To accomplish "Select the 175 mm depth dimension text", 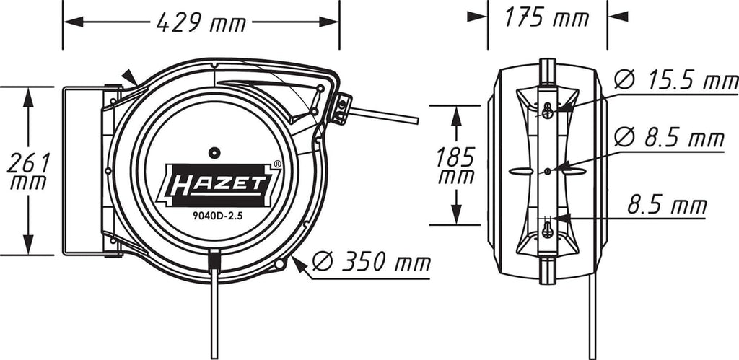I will coord(546,18).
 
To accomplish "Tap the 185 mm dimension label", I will coord(456,164).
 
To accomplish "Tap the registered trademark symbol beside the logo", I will coord(278,164).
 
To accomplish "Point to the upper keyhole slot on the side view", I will coord(549,110).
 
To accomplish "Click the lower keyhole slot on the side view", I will coord(548,230).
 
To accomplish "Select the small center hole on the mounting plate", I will coord(548,170).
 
